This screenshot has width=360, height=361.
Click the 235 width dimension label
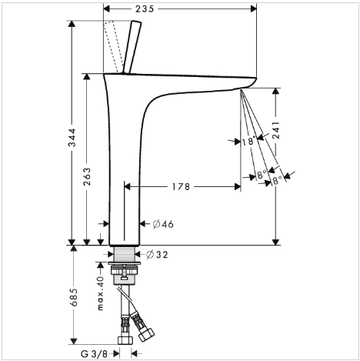(145, 9)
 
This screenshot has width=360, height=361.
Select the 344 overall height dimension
(72, 138)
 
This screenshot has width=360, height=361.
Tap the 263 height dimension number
(87, 176)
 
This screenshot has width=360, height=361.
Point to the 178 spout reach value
(181, 187)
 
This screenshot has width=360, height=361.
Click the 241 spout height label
(276, 129)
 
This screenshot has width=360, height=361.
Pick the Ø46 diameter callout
(163, 224)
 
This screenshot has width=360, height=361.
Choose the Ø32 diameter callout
(157, 255)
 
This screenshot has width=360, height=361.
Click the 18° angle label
(249, 141)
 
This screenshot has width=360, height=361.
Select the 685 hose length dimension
(74, 297)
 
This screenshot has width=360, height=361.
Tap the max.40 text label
(101, 293)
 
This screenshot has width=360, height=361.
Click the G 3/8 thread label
(94, 354)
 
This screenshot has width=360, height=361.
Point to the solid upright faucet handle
(132, 47)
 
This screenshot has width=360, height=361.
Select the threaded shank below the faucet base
(125, 254)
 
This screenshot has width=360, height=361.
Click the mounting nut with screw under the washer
(125, 276)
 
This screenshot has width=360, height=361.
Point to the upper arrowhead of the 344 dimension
(72, 24)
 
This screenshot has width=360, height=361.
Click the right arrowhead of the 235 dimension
(253, 9)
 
